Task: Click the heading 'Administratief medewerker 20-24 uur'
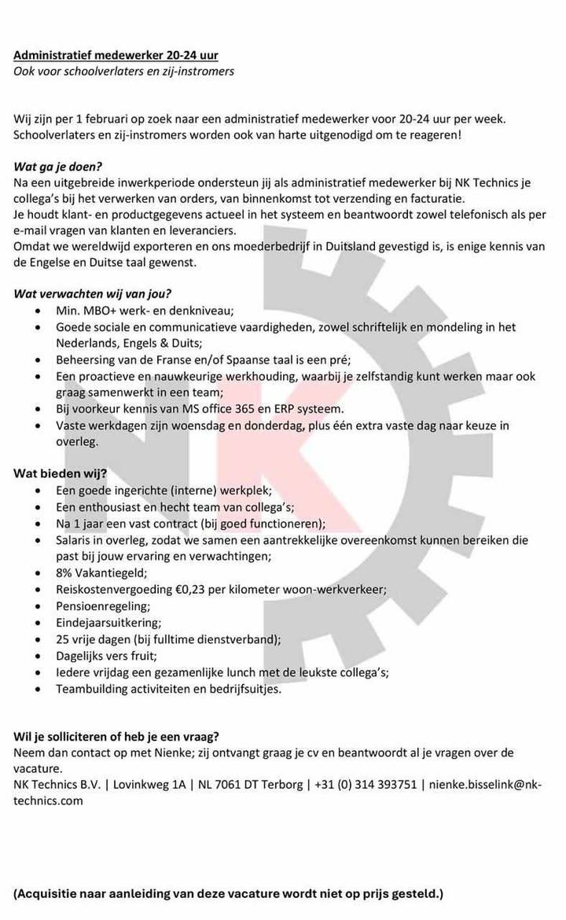116,55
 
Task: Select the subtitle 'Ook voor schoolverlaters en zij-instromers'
123,72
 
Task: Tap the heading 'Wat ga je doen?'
58,167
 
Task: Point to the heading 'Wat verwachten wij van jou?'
93,294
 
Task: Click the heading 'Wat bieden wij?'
61,473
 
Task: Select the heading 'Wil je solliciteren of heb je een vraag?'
116,737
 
